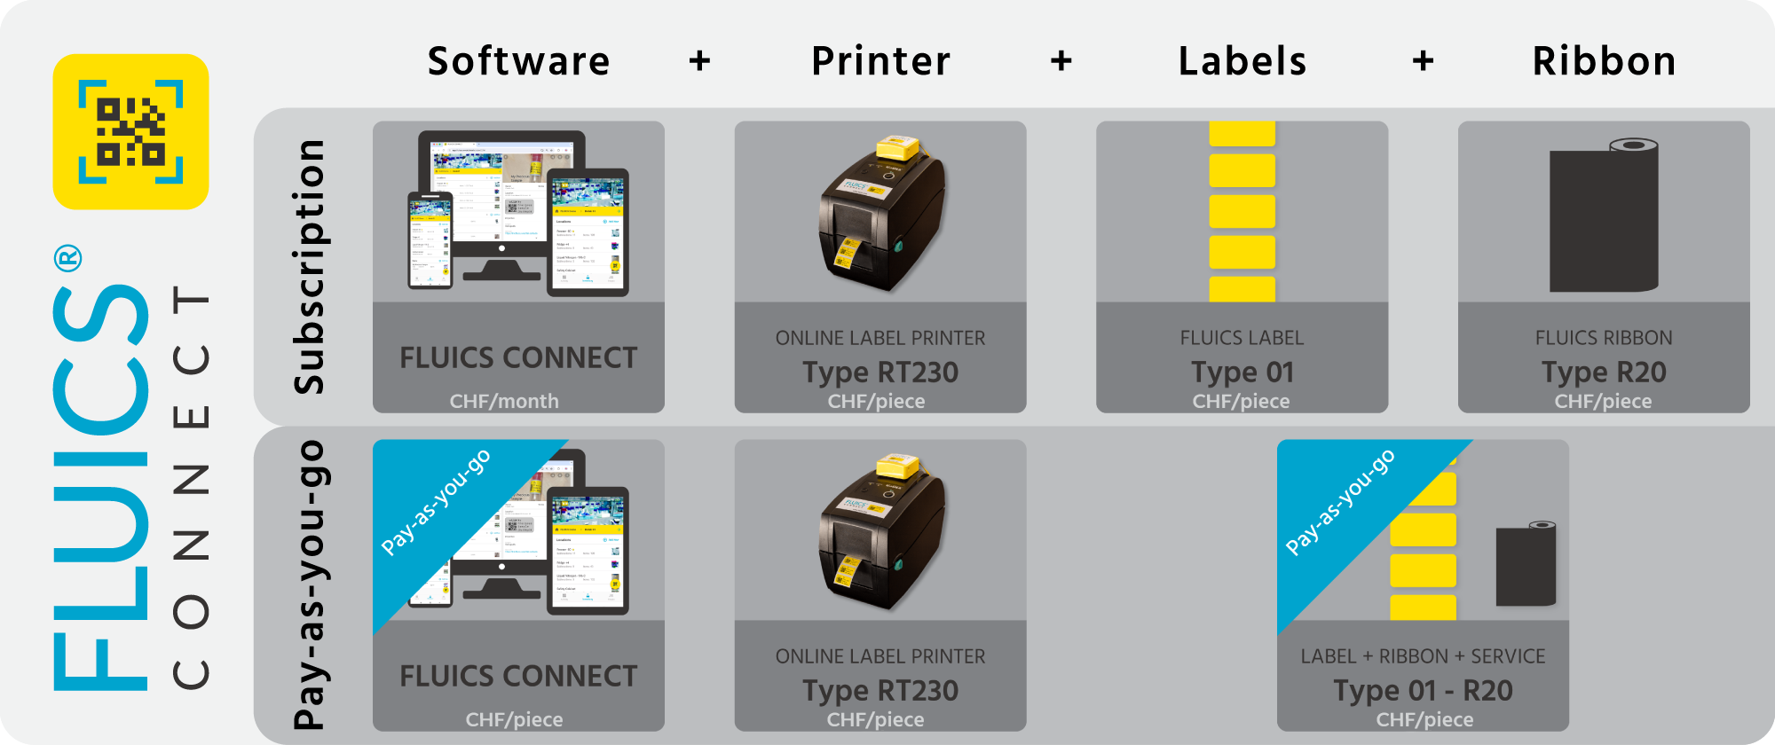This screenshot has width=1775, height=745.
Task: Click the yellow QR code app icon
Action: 130,131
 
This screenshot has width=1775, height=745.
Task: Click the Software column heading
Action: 519,61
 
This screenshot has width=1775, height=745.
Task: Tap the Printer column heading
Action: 880,61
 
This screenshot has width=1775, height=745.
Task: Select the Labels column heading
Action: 1242,61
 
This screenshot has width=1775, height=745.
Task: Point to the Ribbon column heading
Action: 1604,61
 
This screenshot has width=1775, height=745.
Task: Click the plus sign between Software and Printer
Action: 700,61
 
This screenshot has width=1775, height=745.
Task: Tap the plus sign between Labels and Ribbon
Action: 1424,61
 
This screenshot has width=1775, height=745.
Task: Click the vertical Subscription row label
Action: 309,266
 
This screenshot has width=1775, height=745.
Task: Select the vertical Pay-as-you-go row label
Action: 309,585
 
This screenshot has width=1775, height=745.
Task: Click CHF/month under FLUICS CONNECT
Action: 504,401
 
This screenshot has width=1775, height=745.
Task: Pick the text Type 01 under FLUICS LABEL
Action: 1242,372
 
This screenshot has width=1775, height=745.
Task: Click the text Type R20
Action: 1604,372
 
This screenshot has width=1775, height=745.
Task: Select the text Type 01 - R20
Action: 1423,690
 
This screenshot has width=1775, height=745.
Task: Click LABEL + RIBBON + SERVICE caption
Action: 1423,656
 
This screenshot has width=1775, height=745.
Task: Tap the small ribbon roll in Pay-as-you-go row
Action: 1526,564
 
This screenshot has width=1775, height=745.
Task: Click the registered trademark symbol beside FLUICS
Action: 68,259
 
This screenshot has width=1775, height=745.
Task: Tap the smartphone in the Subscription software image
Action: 430,240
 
